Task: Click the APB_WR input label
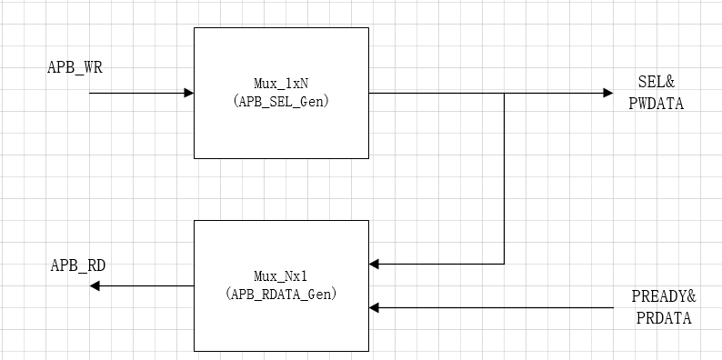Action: point(68,68)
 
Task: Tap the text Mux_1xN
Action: point(281,83)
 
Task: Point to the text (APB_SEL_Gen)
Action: point(281,101)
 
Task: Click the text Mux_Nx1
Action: point(281,275)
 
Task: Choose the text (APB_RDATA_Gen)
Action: point(281,294)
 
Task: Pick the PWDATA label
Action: point(656,104)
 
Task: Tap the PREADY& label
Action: point(664,297)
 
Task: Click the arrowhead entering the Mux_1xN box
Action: point(188,93)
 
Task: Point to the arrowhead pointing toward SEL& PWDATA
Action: point(607,93)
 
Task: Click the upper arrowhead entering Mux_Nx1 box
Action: point(375,264)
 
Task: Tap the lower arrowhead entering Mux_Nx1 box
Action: point(375,308)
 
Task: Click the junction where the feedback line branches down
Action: point(505,93)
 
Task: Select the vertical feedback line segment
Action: point(505,182)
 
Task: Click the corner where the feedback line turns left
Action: point(505,264)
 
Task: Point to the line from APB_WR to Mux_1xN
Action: point(136,93)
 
